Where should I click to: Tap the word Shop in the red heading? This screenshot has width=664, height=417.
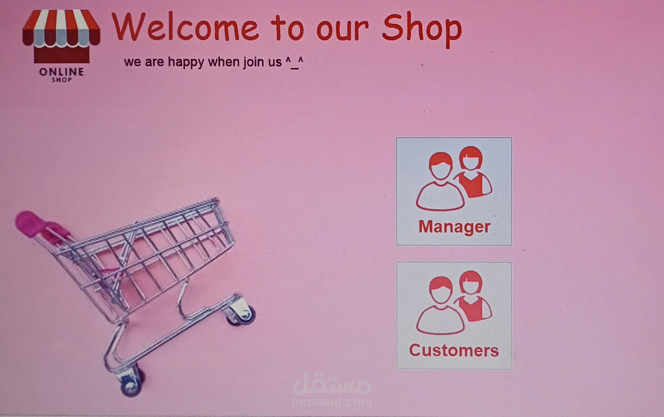tap(422, 29)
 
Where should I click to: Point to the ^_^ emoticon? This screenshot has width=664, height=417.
tap(294, 62)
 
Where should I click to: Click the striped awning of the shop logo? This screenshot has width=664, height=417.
tap(61, 28)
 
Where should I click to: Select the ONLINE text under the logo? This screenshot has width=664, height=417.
tap(61, 72)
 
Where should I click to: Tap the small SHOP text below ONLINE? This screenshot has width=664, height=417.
tap(62, 80)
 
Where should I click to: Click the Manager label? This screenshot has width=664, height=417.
tap(454, 227)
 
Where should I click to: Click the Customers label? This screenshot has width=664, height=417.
tap(454, 351)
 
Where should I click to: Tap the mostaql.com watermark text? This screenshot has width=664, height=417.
tap(332, 402)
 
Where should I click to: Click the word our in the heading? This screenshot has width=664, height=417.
tap(342, 29)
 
